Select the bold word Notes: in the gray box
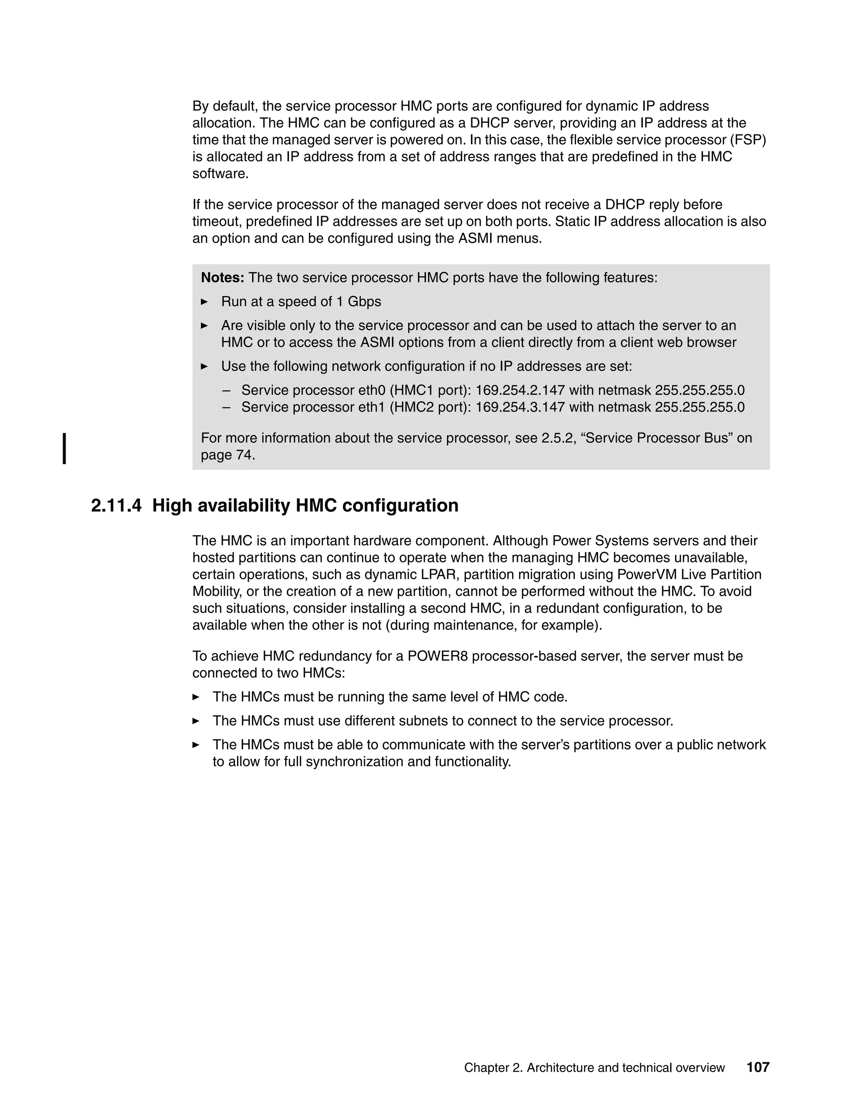click(x=222, y=278)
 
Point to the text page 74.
click(x=227, y=455)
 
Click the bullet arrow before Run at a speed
click(x=205, y=302)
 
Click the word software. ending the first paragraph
click(x=220, y=174)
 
